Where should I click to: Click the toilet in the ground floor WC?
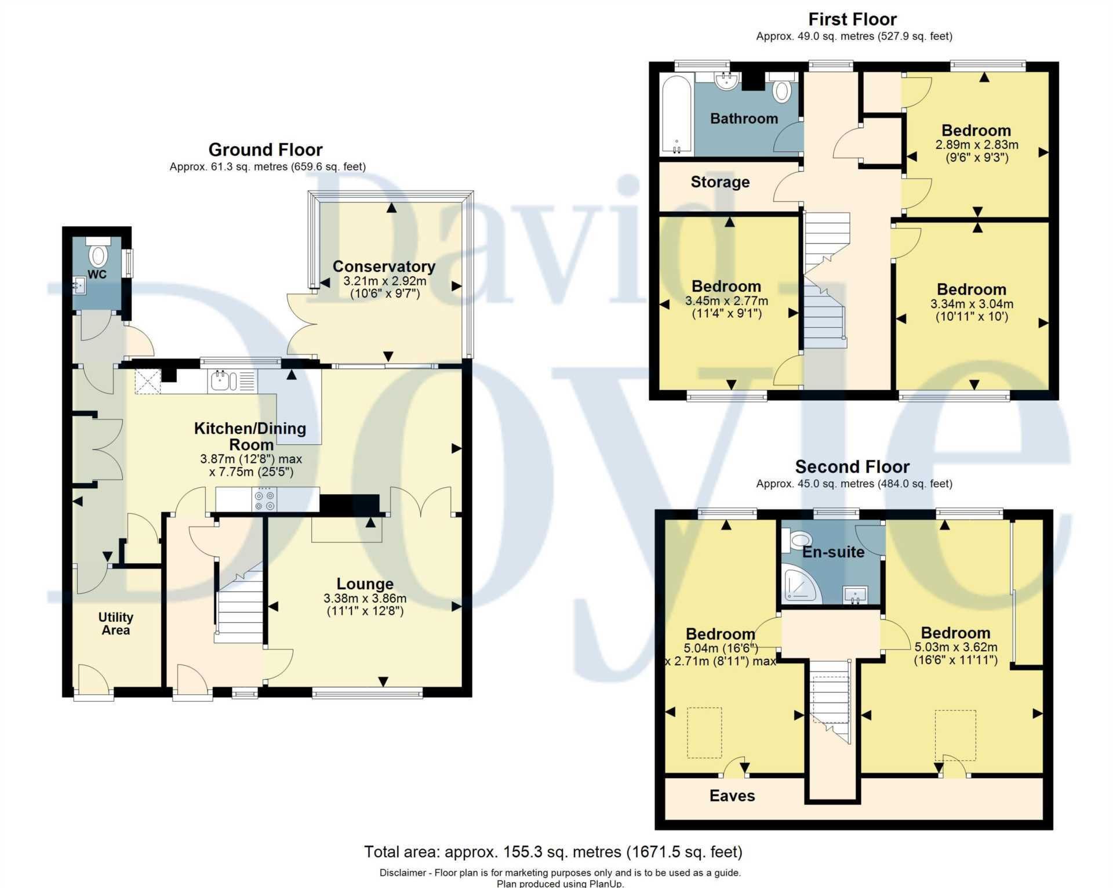click(99, 255)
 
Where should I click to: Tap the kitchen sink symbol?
click(223, 381)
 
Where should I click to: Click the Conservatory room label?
click(384, 266)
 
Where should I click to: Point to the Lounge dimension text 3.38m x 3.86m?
click(365, 598)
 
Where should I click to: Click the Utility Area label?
click(115, 624)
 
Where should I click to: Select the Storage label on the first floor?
click(720, 182)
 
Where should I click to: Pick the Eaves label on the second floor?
click(732, 796)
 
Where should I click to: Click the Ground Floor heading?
click(265, 150)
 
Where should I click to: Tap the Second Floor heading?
click(852, 466)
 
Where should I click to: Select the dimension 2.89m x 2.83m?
click(976, 144)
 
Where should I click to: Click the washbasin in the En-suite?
click(854, 595)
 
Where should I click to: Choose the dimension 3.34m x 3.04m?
click(972, 303)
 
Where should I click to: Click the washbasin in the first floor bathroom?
click(725, 81)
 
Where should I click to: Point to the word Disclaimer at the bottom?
click(403, 872)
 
